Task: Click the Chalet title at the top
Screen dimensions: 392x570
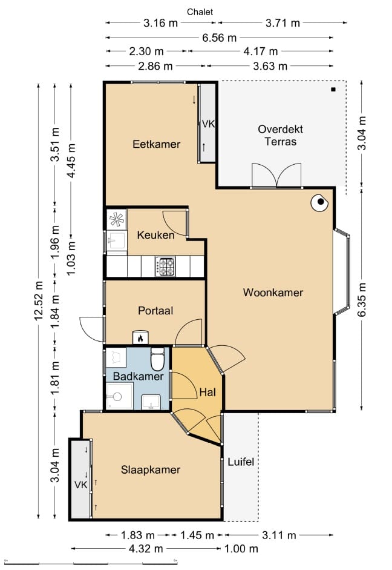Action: [x=200, y=12]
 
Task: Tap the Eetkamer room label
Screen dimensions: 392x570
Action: [x=157, y=144]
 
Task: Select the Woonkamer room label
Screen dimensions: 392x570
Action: [x=273, y=293]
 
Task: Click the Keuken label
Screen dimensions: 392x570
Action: [x=155, y=235]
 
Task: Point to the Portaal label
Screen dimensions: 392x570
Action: [x=155, y=311]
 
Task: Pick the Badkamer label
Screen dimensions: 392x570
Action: [x=139, y=376]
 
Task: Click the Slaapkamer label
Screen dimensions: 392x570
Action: [x=151, y=469]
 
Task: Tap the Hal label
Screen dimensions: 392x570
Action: [x=207, y=393]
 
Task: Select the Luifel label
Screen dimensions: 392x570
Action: [x=241, y=462]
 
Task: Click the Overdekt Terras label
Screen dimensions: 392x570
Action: [x=281, y=135]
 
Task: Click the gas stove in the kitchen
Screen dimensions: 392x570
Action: [x=166, y=266]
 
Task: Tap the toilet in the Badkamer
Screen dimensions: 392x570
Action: [x=157, y=359]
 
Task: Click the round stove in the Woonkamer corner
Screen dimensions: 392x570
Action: [x=319, y=202]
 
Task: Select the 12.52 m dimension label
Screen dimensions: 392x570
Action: [x=39, y=300]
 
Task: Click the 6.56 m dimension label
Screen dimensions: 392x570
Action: [x=219, y=38]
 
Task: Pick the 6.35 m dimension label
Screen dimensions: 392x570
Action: [x=362, y=299]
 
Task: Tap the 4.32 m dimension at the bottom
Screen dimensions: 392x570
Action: [x=146, y=549]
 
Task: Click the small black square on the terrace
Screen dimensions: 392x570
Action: [x=333, y=90]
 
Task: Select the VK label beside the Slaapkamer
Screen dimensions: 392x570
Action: [x=81, y=485]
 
